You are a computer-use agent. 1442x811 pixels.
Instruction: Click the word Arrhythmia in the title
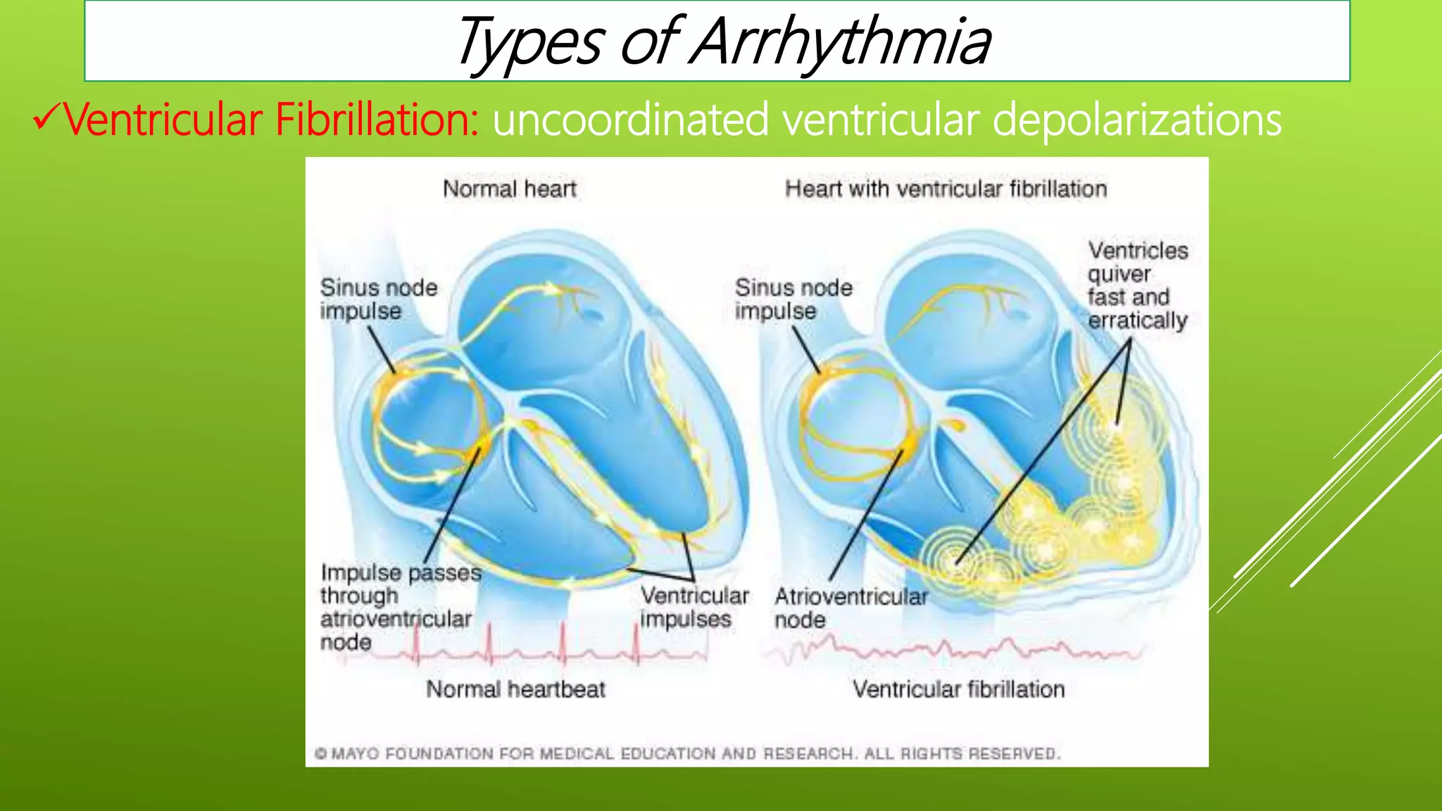[x=841, y=42]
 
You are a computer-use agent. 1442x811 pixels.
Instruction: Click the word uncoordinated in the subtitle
[x=630, y=119]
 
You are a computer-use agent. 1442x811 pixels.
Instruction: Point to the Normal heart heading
[x=509, y=189]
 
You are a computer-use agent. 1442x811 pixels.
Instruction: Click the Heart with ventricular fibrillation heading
[x=946, y=189]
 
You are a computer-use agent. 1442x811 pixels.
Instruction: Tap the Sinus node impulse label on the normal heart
[x=378, y=299]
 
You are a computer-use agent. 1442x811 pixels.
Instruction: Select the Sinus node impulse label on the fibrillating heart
[x=793, y=299]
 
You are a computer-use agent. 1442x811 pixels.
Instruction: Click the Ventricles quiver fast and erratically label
[x=1137, y=285]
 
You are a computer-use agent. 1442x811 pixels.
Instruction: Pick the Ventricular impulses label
[x=694, y=607]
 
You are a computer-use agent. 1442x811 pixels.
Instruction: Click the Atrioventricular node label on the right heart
[x=851, y=608]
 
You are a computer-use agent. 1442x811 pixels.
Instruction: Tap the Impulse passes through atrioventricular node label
[x=400, y=607]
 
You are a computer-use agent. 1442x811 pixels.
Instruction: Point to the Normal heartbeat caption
[x=515, y=689]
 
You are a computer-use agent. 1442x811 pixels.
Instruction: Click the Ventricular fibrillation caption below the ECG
[x=958, y=689]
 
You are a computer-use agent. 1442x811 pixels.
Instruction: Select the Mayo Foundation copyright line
[x=686, y=754]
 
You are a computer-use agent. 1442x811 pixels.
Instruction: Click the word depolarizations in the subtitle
[x=1136, y=119]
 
